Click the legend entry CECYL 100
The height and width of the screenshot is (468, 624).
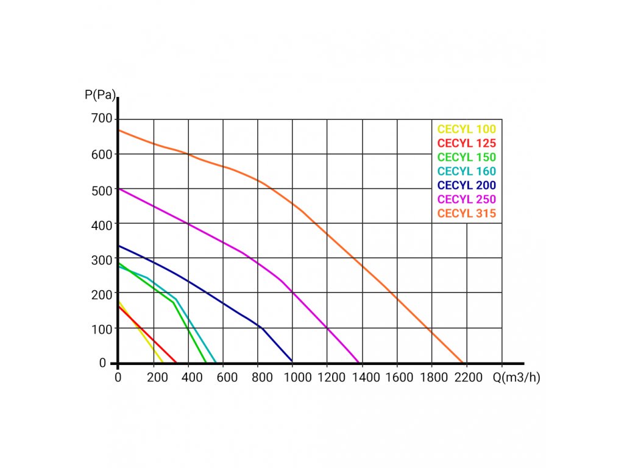467,129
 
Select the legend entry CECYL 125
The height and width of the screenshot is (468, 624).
467,143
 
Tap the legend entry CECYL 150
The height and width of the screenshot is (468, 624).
467,157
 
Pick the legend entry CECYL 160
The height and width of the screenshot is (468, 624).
467,171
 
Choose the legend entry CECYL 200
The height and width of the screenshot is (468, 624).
467,185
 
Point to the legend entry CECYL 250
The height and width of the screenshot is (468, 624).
467,199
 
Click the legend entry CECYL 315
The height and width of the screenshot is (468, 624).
467,213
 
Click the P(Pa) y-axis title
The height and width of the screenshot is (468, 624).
99,94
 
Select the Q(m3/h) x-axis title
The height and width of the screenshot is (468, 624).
517,377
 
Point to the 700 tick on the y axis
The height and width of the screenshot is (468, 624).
102,118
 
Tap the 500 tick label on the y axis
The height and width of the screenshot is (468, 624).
102,189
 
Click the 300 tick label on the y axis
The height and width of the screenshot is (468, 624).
102,259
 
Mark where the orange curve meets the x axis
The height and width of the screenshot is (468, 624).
464,363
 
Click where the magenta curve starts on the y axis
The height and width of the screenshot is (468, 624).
119,188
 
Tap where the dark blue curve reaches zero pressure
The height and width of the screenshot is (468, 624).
292,363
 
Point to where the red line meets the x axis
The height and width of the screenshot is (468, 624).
176,363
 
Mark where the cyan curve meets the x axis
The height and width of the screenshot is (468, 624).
216,363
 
